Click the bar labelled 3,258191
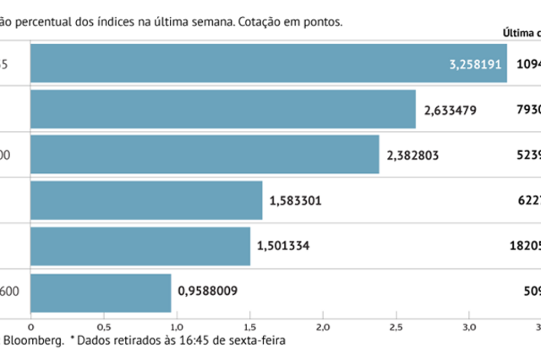[x=254, y=63]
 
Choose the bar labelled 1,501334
[x=140, y=246]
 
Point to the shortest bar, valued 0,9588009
[x=101, y=292]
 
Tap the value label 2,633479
[x=451, y=109]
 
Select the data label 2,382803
[x=414, y=155]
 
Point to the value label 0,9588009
[x=207, y=292]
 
